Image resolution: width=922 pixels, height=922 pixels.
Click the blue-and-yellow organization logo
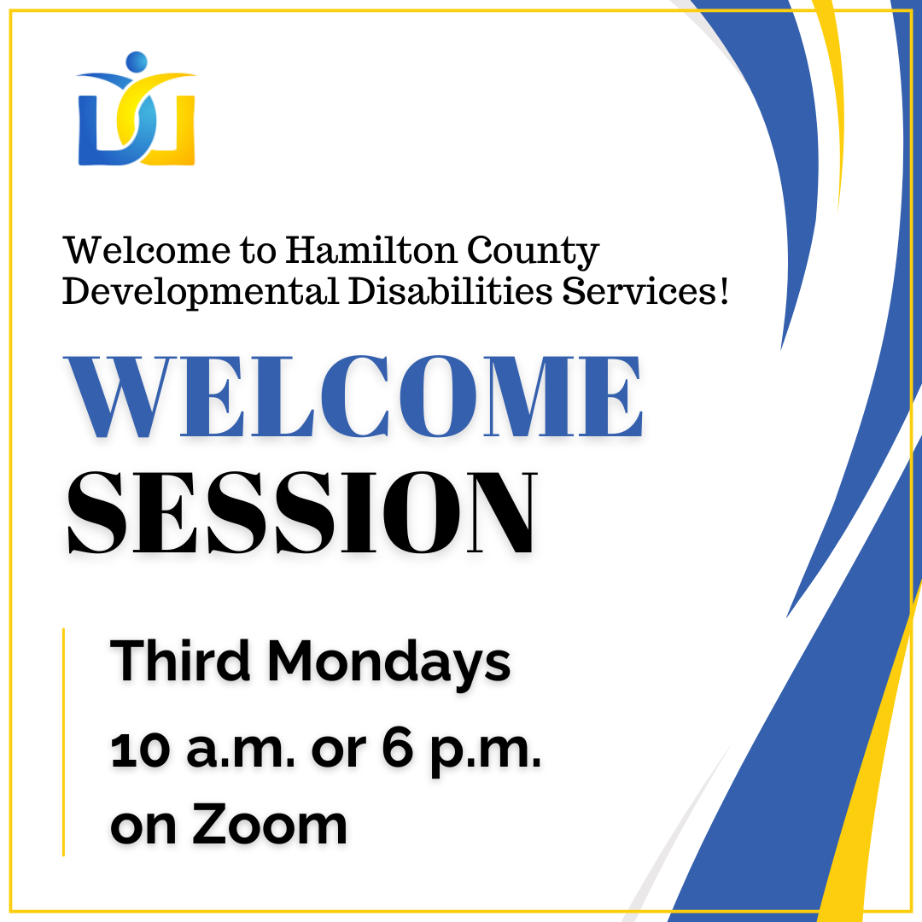137,111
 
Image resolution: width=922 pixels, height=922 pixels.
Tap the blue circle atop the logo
136,63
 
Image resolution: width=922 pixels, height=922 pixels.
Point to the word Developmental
201,292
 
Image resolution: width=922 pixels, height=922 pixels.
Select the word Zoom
269,825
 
